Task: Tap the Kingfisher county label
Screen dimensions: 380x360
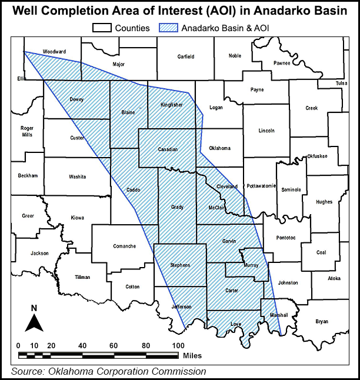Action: (x=172, y=105)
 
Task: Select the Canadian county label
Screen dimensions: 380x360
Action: (x=168, y=149)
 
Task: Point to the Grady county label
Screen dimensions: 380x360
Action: (x=177, y=207)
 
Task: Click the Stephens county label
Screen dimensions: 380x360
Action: (x=180, y=265)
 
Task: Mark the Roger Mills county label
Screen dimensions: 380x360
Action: (x=27, y=131)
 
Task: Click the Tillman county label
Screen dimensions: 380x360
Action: (x=82, y=277)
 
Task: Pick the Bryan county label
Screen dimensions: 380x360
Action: (x=322, y=321)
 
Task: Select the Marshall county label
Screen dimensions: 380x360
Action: (x=279, y=315)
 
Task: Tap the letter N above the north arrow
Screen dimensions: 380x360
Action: (x=34, y=308)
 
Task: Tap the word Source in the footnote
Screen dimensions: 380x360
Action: (x=26, y=371)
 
